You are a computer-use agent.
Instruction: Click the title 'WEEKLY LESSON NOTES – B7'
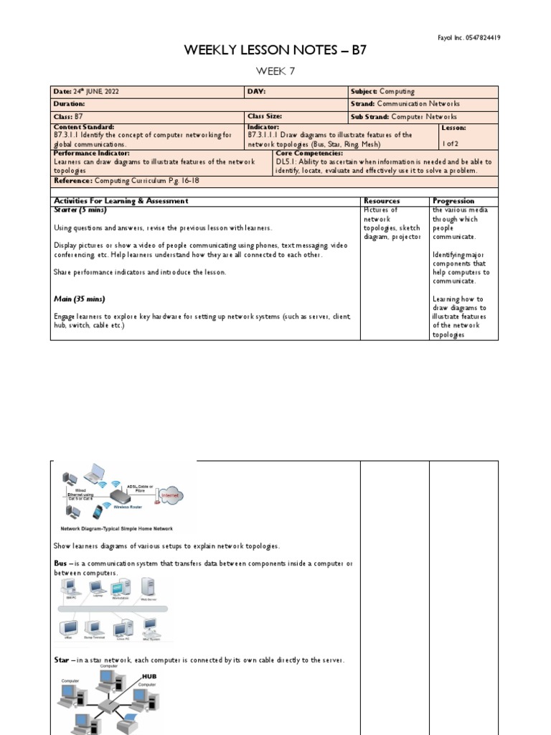click(x=275, y=50)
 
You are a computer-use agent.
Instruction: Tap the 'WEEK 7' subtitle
click(x=275, y=70)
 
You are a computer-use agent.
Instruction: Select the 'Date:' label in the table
click(x=62, y=92)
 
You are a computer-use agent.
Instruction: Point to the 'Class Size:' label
click(x=265, y=116)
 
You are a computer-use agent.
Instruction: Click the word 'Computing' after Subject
click(x=397, y=92)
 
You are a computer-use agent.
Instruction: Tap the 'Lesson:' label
click(x=453, y=127)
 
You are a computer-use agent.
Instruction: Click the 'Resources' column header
click(x=382, y=201)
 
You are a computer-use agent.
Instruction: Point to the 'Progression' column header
click(x=453, y=201)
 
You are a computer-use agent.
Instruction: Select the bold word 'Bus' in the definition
click(x=60, y=563)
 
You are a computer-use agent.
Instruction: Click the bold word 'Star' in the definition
click(x=61, y=660)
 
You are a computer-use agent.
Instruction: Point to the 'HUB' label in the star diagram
click(x=149, y=676)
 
